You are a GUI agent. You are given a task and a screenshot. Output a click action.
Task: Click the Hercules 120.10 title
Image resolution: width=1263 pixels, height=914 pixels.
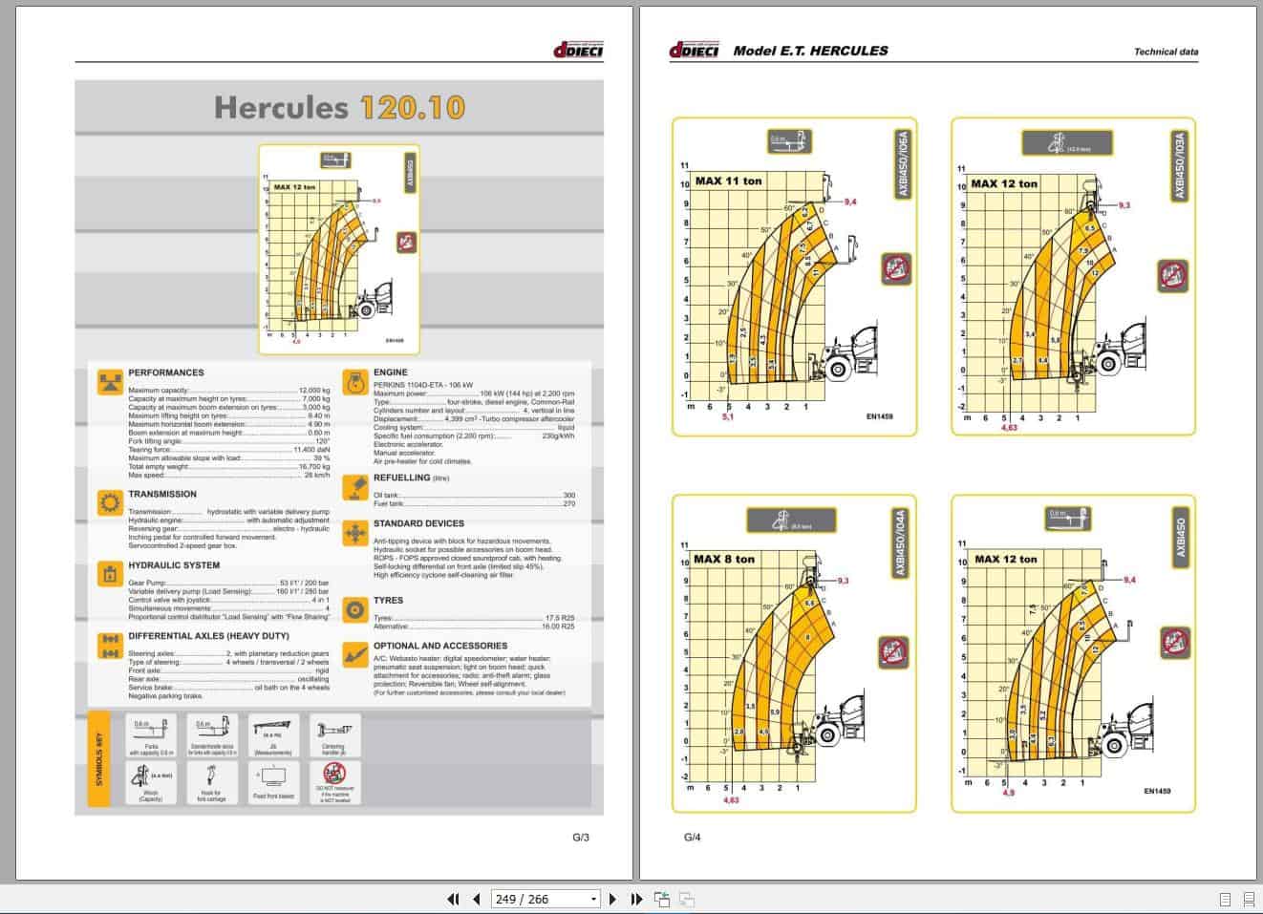pos(339,107)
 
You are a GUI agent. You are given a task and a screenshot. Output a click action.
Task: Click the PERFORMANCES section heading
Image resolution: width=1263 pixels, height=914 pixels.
pos(166,372)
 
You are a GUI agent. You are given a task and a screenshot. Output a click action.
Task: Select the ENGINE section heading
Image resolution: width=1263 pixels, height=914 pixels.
pos(391,372)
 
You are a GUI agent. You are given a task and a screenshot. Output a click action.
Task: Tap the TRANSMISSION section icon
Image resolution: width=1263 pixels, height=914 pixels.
pos(110,502)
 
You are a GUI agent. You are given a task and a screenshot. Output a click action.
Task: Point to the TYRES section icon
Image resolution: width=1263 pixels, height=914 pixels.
pos(355,609)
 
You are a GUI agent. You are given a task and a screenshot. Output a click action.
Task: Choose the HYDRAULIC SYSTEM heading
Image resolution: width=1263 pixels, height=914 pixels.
pos(174,565)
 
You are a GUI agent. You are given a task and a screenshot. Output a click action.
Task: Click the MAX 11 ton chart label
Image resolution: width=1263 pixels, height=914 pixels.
pos(728,181)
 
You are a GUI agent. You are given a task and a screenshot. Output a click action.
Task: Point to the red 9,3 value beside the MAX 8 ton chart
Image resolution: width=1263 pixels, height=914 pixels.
pos(843,581)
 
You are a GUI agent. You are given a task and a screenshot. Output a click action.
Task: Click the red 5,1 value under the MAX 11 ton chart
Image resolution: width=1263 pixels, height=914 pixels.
pos(728,417)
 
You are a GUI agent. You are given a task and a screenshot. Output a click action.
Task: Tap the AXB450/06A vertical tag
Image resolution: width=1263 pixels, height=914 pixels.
pos(903,164)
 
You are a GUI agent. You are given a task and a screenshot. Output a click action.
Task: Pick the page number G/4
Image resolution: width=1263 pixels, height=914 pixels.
pos(693,838)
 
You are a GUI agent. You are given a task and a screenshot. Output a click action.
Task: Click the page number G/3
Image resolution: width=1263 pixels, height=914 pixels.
pos(581,838)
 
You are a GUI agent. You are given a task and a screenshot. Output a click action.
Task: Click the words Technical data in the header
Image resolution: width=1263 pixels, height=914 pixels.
pos(1166,53)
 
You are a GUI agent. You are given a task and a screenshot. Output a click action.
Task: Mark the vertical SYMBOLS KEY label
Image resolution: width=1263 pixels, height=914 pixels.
pos(99,759)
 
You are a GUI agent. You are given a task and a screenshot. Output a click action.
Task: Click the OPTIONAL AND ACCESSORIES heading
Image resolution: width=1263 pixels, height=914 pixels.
pos(440,646)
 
